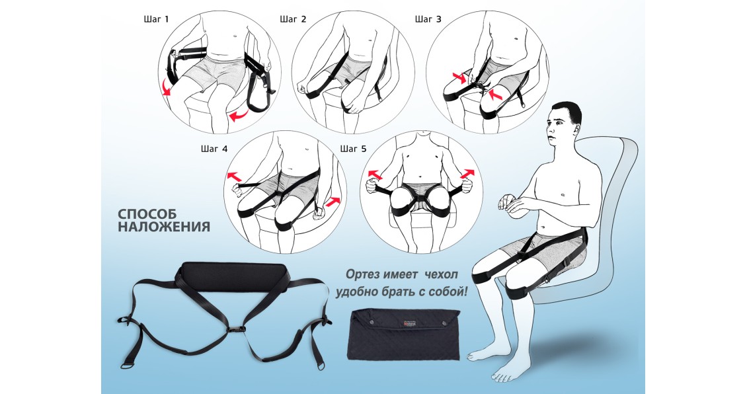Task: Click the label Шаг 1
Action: [156, 20]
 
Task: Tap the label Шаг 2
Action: [293, 20]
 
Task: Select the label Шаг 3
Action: [428, 20]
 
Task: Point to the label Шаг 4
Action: [214, 149]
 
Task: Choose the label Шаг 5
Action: [353, 149]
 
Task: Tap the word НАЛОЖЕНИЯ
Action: [163, 226]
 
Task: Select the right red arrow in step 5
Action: [468, 174]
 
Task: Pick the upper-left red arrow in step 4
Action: [235, 177]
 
